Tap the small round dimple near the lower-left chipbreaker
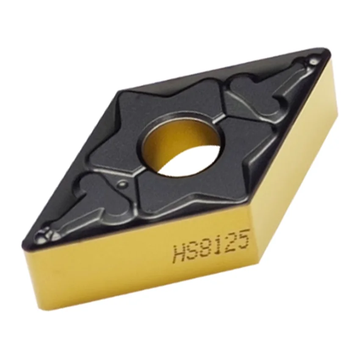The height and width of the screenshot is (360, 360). (122, 183)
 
